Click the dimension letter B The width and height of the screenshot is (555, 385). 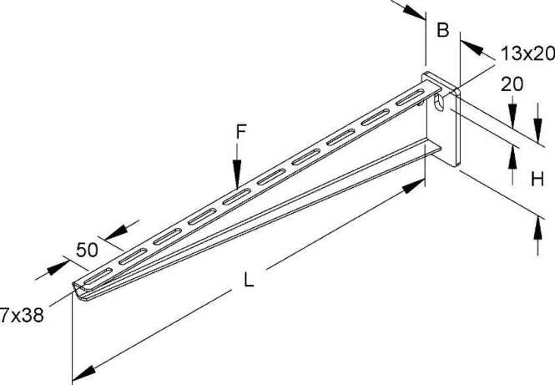pos(442,31)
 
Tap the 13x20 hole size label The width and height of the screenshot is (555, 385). pos(527,54)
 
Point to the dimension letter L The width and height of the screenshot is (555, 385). pos(247,281)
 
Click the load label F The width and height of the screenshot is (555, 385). pos(240,131)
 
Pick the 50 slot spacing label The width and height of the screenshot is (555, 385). pos(88,249)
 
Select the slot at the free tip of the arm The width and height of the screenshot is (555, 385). pos(97,275)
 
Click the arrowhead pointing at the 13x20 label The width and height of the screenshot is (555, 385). pos(467,48)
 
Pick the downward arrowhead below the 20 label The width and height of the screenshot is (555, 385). pos(512,114)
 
